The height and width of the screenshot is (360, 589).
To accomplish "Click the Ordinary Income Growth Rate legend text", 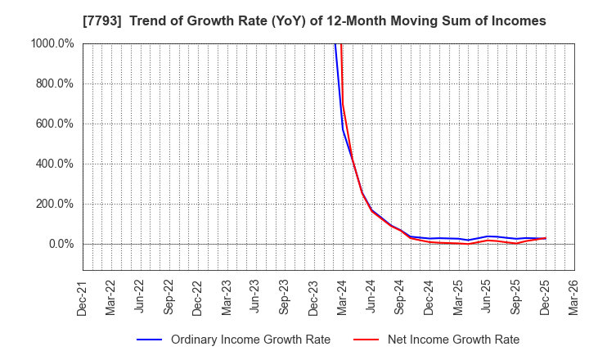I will pyautogui.click(x=251, y=340).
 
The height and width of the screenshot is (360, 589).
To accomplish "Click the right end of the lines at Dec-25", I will pyautogui.click(x=546, y=238).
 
